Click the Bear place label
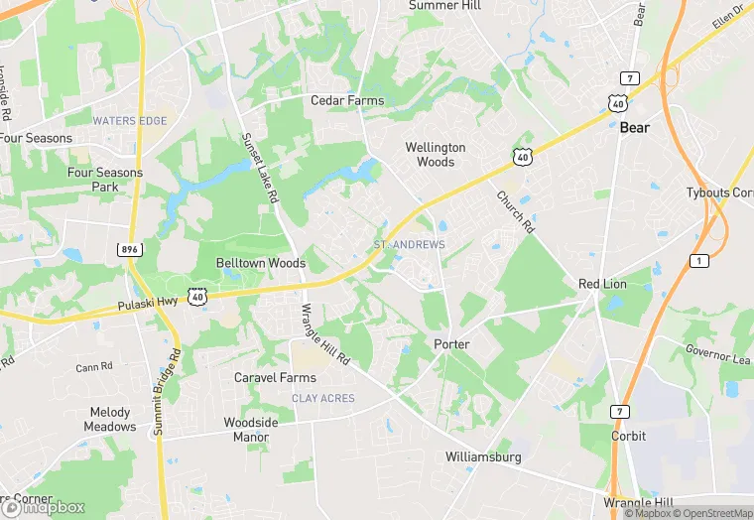pyautogui.click(x=635, y=128)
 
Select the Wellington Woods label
pyautogui.click(x=436, y=155)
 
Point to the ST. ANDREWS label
pyautogui.click(x=409, y=244)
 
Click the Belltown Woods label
pyautogui.click(x=261, y=264)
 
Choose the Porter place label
pyautogui.click(x=451, y=344)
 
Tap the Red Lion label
pyautogui.click(x=602, y=285)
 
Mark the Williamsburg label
pyautogui.click(x=483, y=457)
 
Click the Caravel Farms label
pyautogui.click(x=275, y=378)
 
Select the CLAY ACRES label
pyautogui.click(x=323, y=398)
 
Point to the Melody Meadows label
pyautogui.click(x=109, y=420)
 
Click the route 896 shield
pyautogui.click(x=128, y=249)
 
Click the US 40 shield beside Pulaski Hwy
pyautogui.click(x=198, y=296)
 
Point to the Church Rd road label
pyautogui.click(x=515, y=210)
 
